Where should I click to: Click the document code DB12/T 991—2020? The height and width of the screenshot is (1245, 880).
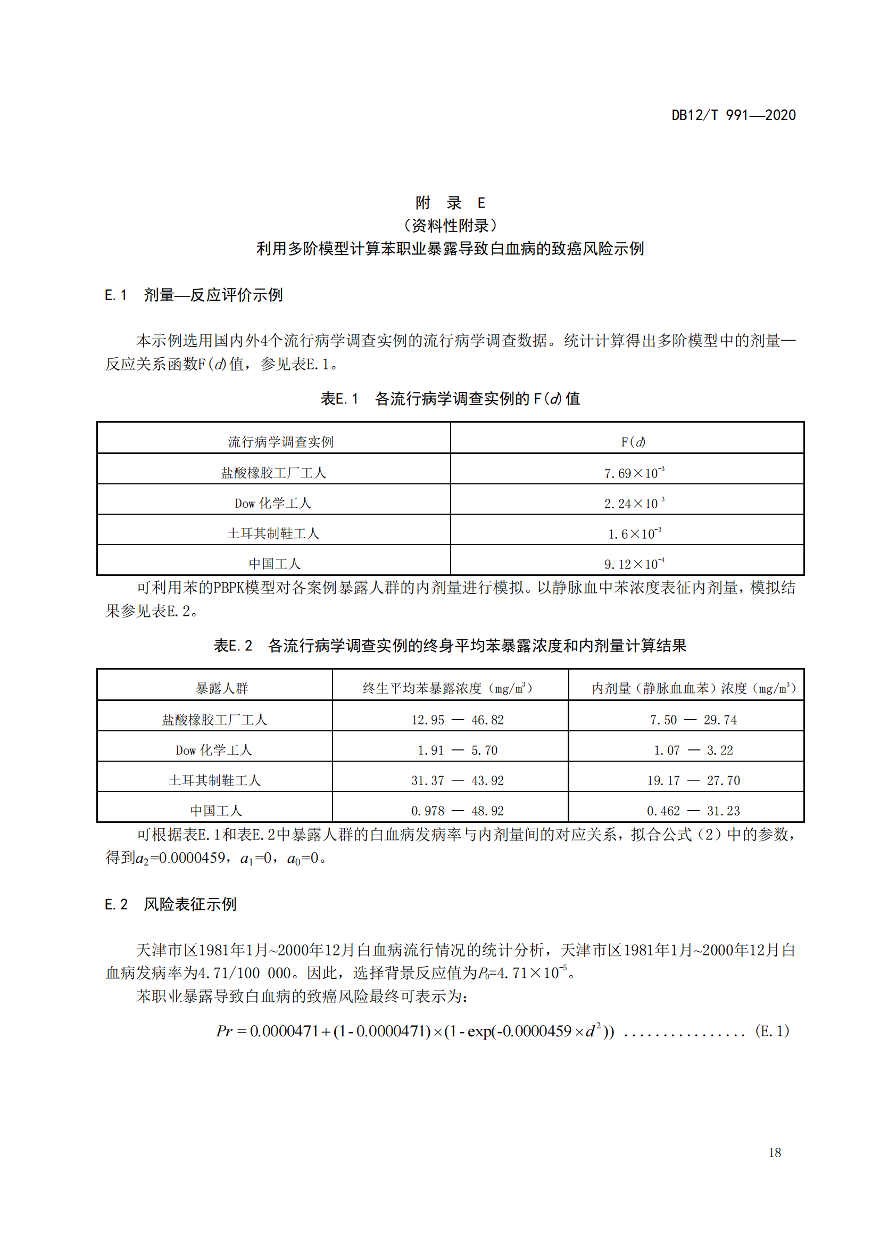733,115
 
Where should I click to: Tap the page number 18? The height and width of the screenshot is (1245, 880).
774,1152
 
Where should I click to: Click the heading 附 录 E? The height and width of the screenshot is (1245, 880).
450,203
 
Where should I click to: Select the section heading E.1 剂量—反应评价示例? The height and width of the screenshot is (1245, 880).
194,295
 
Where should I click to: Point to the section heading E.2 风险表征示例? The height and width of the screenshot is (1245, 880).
170,904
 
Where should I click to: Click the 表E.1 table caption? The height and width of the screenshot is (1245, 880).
450,399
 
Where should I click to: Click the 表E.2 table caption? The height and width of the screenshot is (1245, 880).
450,645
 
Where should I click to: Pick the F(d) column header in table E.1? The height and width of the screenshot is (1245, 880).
633,442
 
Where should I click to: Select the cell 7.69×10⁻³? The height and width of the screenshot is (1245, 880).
634,473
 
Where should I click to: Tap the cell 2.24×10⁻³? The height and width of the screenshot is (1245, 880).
634,503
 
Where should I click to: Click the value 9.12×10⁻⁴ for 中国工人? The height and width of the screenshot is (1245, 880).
634,564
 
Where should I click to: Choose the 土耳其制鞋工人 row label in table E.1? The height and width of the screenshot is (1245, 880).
273,533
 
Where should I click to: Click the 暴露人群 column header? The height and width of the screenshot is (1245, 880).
222,688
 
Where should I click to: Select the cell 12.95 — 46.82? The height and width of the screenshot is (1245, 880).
458,720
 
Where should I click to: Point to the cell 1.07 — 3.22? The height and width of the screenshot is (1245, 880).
693,750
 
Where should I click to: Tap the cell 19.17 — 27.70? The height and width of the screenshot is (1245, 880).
693,780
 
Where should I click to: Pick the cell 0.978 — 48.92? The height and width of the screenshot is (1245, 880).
458,811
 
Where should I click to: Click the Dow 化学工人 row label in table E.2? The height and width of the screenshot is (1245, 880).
214,750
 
